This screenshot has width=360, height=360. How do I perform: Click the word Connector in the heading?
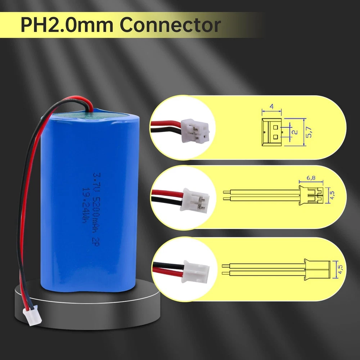[170, 25]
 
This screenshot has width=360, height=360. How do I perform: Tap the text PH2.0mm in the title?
[67, 25]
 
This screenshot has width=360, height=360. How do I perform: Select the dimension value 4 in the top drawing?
[272, 107]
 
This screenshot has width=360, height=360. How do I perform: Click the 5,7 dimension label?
[309, 132]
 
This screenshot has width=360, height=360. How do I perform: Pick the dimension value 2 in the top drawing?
[296, 132]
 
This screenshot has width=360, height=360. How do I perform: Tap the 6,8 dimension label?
[311, 178]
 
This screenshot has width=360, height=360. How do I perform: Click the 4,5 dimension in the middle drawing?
[332, 195]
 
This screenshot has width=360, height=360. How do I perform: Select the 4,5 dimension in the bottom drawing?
[340, 269]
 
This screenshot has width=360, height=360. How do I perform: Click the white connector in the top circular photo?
[195, 131]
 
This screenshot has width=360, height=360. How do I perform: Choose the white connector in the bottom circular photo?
[195, 271]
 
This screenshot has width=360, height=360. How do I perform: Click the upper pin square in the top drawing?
[275, 127]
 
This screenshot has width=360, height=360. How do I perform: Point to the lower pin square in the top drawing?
[275, 137]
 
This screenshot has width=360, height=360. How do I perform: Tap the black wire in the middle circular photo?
[167, 201]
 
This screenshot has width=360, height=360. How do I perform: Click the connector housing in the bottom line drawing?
[317, 270]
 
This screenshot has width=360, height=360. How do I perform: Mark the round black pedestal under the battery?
[87, 305]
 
